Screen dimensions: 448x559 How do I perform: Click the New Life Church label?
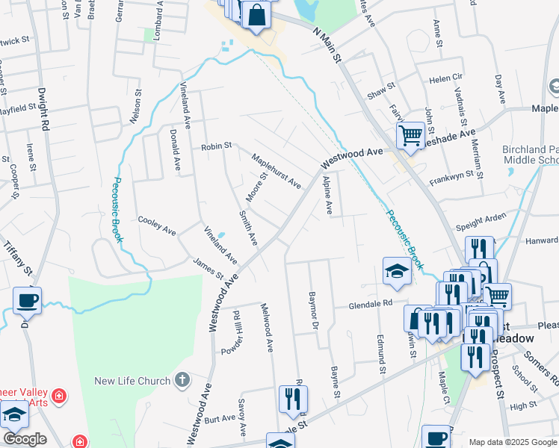click(x=132, y=382)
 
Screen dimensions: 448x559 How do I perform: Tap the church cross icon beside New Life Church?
click(x=181, y=381)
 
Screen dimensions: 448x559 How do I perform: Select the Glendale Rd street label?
click(x=371, y=304)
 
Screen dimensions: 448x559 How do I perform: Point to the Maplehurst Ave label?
click(x=275, y=172)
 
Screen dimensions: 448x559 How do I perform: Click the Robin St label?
click(x=217, y=147)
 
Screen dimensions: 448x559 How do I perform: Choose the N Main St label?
click(x=327, y=46)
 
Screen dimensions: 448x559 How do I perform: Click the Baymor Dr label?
click(x=313, y=308)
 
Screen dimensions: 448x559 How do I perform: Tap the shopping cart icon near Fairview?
click(x=410, y=136)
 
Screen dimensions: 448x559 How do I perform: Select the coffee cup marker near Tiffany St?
click(x=27, y=300)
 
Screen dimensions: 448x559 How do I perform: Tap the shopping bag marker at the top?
click(x=256, y=15)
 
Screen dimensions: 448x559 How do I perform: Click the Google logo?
click(x=24, y=439)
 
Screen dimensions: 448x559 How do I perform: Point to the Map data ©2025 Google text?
click(x=512, y=442)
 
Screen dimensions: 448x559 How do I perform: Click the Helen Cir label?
click(x=446, y=78)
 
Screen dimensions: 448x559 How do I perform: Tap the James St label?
click(x=209, y=268)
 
